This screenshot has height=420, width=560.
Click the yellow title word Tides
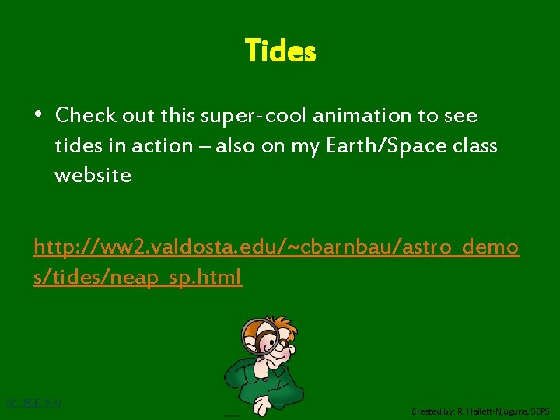coord(280,51)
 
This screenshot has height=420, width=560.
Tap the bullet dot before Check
coord(38,115)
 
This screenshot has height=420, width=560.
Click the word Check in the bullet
coord(86,116)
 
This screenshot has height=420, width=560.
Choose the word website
coord(93,176)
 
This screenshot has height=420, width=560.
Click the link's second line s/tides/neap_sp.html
coord(138,277)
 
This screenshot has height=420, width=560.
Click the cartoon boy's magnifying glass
coord(262,339)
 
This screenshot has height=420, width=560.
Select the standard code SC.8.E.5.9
coord(33,404)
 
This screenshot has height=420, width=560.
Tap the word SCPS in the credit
coord(541,411)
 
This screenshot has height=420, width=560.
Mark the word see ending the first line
coord(460,116)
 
